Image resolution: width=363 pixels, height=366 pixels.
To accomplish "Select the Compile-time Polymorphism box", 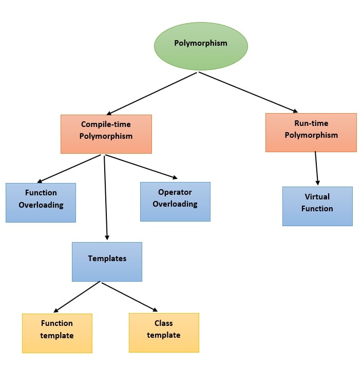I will [106, 134].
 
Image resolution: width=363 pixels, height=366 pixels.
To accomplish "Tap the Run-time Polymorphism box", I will [311, 132].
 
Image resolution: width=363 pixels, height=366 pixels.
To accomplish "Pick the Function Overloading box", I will [41, 203].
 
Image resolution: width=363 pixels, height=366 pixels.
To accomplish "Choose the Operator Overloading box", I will [175, 202].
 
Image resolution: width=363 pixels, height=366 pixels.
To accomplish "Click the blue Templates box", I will [107, 262].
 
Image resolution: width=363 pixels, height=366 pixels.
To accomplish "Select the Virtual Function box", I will [317, 206].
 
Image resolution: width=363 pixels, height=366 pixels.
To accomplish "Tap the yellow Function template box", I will [57, 333].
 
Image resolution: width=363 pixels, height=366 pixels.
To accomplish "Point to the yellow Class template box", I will [164, 333].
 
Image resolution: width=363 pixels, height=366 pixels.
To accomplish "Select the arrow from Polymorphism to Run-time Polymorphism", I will [248, 91].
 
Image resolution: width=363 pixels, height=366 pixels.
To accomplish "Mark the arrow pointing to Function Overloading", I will [69, 169].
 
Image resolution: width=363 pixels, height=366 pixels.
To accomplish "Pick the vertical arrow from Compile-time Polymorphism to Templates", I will [106, 197].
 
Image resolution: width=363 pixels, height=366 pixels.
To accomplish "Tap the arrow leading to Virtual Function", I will [317, 168].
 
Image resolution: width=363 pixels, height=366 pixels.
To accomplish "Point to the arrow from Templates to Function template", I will [77, 297].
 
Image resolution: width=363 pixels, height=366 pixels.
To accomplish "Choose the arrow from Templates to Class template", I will [129, 297].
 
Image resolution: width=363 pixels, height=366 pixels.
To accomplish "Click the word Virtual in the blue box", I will [317, 197].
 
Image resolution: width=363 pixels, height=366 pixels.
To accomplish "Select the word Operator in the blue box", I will [175, 192].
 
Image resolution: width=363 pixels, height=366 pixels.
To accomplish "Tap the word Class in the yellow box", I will [163, 323].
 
